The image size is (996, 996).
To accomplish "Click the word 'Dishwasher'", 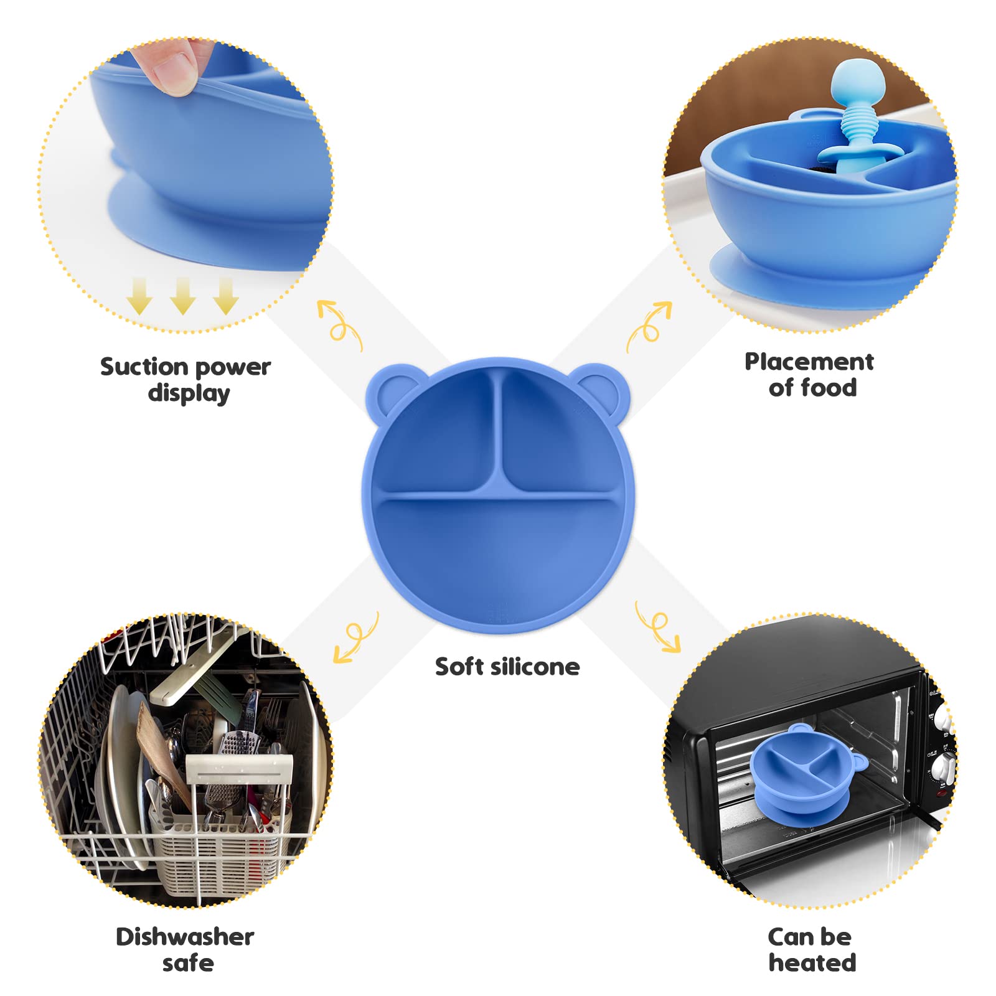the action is tap(185, 936).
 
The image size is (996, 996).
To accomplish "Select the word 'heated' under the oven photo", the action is tap(812, 962).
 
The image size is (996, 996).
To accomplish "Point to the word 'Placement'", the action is tap(809, 361).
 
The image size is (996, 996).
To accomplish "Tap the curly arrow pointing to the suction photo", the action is tap(339, 326).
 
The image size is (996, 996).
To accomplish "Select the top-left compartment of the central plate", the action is tap(439, 436).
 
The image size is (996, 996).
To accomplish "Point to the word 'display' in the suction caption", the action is tap(189, 393).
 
